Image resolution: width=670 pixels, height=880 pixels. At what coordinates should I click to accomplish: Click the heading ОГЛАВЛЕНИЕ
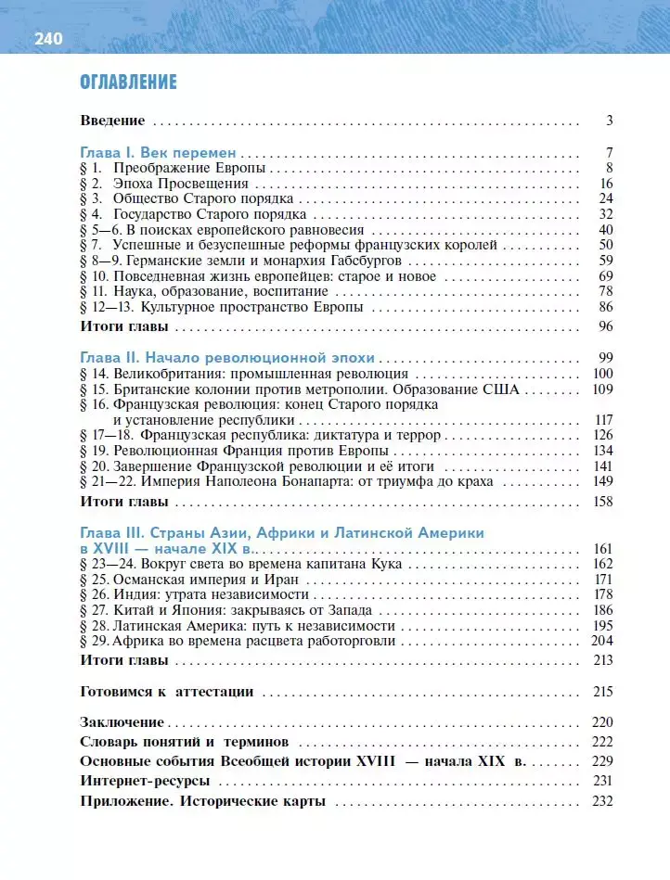click(129, 83)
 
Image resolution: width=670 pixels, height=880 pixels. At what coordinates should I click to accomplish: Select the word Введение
click(113, 121)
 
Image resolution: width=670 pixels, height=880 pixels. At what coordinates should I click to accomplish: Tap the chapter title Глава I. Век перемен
click(160, 153)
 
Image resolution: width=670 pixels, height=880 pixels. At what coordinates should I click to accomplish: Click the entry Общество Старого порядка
click(203, 198)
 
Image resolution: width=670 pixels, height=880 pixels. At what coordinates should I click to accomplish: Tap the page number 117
click(601, 420)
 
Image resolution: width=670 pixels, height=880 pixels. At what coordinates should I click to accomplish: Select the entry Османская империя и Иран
click(193, 580)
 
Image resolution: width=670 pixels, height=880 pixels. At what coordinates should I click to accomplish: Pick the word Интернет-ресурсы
click(144, 781)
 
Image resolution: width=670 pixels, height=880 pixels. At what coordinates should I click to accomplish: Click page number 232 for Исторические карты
click(601, 801)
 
